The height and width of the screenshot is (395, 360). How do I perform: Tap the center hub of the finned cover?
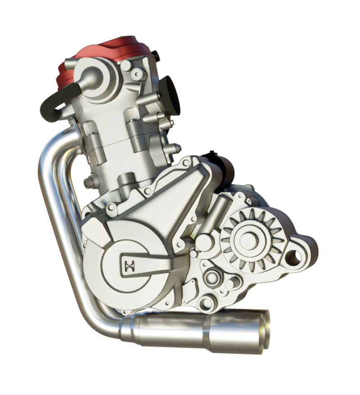pyautogui.click(x=249, y=239)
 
